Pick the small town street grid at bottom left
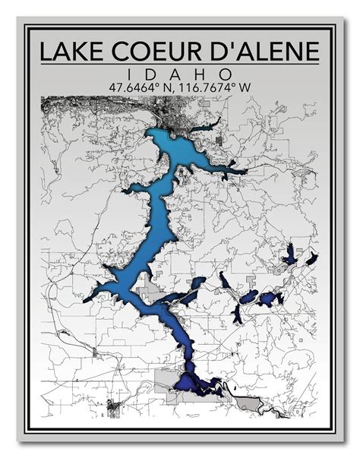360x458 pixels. click(114, 408)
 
